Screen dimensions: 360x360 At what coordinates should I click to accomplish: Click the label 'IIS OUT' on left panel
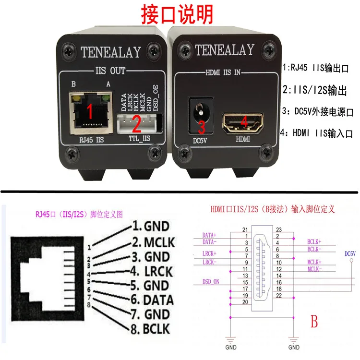coord(108,71)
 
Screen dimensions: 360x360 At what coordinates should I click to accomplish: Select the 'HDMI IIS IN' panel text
coord(223,73)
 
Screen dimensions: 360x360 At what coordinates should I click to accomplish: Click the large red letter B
coord(314,322)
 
